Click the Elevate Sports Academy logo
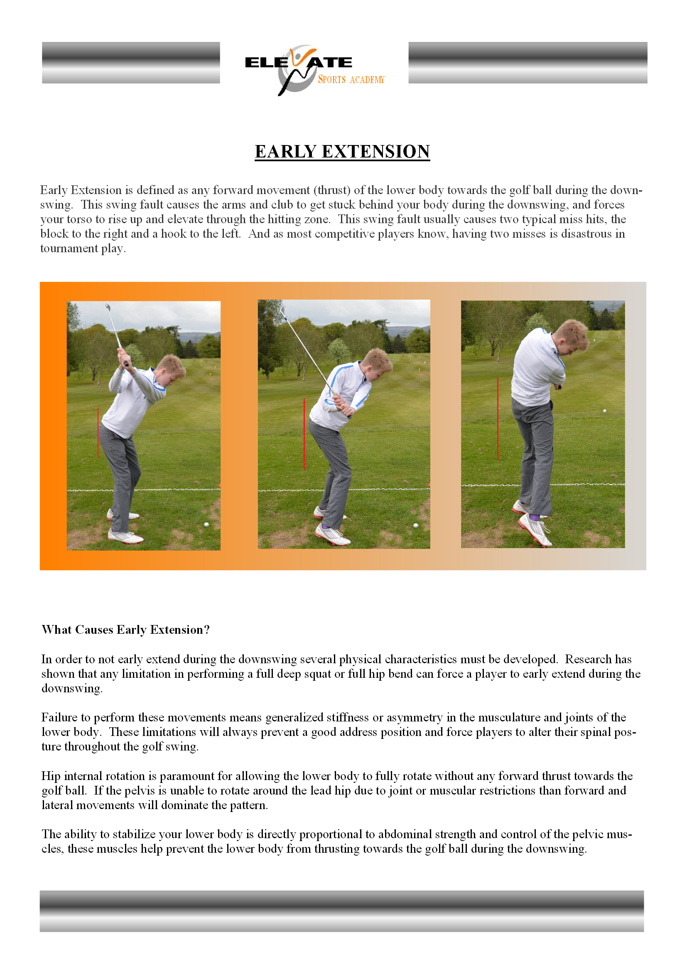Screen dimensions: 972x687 (x=314, y=70)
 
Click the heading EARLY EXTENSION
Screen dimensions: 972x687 (x=342, y=152)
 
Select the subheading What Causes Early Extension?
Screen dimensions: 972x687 (x=125, y=630)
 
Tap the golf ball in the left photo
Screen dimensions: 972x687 (x=206, y=525)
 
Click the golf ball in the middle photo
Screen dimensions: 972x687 (x=415, y=525)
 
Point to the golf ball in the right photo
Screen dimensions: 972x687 (x=604, y=411)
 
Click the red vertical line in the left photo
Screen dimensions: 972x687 (x=98, y=432)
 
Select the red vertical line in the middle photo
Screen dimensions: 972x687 (x=304, y=434)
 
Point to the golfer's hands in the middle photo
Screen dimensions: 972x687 (x=344, y=405)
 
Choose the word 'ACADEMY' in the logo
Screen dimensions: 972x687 (x=367, y=80)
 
